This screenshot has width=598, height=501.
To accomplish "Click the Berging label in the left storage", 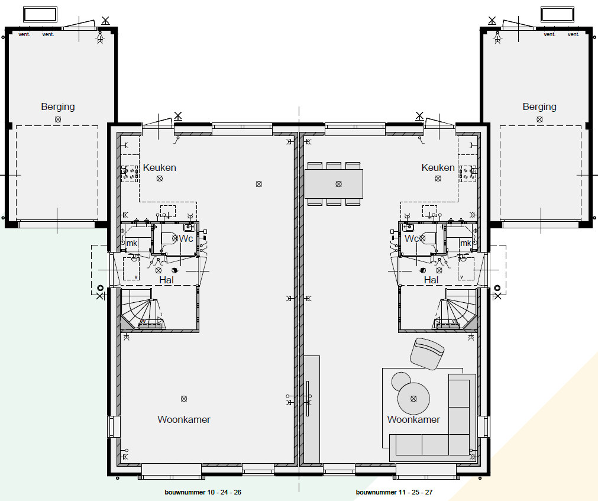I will click(58, 107).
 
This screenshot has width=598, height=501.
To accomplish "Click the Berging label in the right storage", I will click(539, 107).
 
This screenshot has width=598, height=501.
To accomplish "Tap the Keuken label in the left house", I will click(159, 168).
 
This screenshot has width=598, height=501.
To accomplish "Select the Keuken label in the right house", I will click(438, 168).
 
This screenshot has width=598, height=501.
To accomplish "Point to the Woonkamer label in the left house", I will click(183, 420).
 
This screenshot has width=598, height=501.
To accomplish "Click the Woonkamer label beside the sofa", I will click(413, 420).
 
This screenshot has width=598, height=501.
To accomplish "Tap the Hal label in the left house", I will click(166, 280).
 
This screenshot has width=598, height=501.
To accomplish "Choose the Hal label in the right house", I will click(431, 280).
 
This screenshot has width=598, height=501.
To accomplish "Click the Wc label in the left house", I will click(186, 238).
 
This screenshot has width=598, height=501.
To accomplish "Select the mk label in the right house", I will click(466, 243).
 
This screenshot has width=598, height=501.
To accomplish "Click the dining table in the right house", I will click(334, 183).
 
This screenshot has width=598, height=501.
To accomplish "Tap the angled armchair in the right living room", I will click(427, 353).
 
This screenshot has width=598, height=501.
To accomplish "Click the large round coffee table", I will click(414, 398).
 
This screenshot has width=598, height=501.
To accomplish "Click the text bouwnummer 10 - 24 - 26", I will click(203, 492).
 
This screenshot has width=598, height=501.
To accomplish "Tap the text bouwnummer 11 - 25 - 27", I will click(394, 492).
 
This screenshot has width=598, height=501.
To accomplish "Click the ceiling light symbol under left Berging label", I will click(58, 119).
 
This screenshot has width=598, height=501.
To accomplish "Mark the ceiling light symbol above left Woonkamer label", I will click(184, 399).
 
